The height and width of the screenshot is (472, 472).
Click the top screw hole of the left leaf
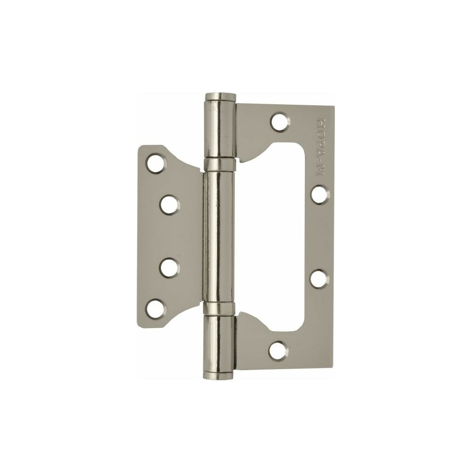[x=156, y=163]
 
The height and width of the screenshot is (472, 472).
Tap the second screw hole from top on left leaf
[x=170, y=205]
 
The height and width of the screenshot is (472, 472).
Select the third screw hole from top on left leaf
[x=170, y=268]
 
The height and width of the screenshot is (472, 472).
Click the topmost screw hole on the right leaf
[x=279, y=122]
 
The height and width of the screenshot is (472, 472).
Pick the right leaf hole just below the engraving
[x=320, y=195]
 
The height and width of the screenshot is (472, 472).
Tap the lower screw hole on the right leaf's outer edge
[x=320, y=278]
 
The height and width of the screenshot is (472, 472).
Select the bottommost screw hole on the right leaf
[x=278, y=351]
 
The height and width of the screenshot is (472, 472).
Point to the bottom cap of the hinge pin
[x=219, y=375]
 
